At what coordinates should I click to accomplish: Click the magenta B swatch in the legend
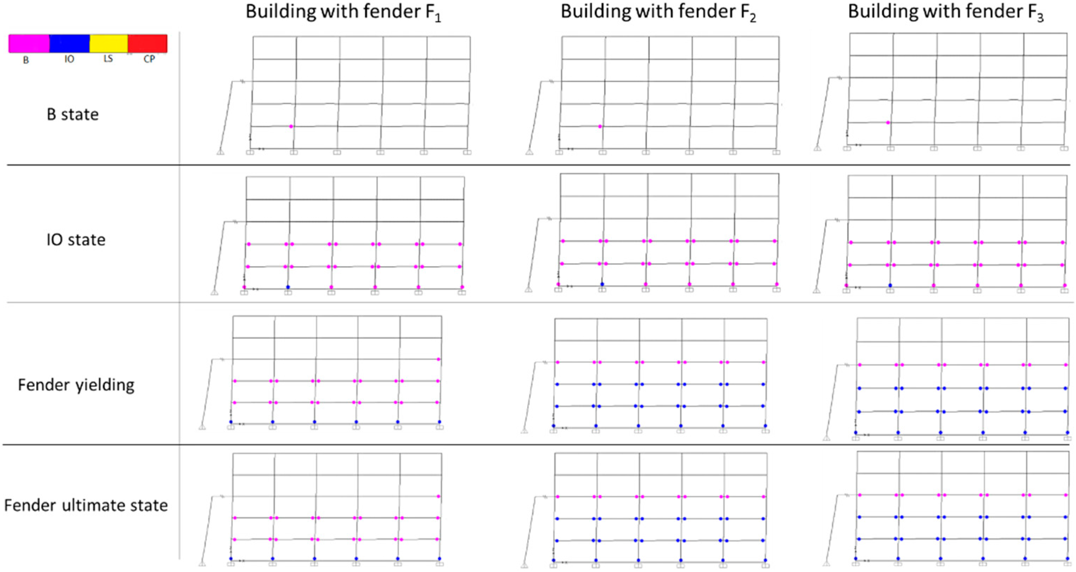[29, 43]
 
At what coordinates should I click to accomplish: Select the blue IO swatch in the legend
[69, 43]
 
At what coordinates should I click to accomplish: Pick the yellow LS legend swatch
[108, 43]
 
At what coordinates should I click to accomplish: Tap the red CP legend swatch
[148, 43]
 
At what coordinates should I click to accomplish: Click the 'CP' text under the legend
[149, 59]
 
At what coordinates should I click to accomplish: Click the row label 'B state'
[73, 115]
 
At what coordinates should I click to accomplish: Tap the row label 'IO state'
[76, 240]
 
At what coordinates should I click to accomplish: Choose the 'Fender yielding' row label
[76, 385]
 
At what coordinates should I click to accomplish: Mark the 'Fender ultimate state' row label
[86, 505]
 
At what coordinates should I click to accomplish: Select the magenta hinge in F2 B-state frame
[600, 126]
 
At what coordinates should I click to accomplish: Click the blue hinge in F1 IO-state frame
[288, 287]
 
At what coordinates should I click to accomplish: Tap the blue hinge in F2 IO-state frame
[602, 284]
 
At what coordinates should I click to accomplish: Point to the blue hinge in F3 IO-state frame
[890, 285]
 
